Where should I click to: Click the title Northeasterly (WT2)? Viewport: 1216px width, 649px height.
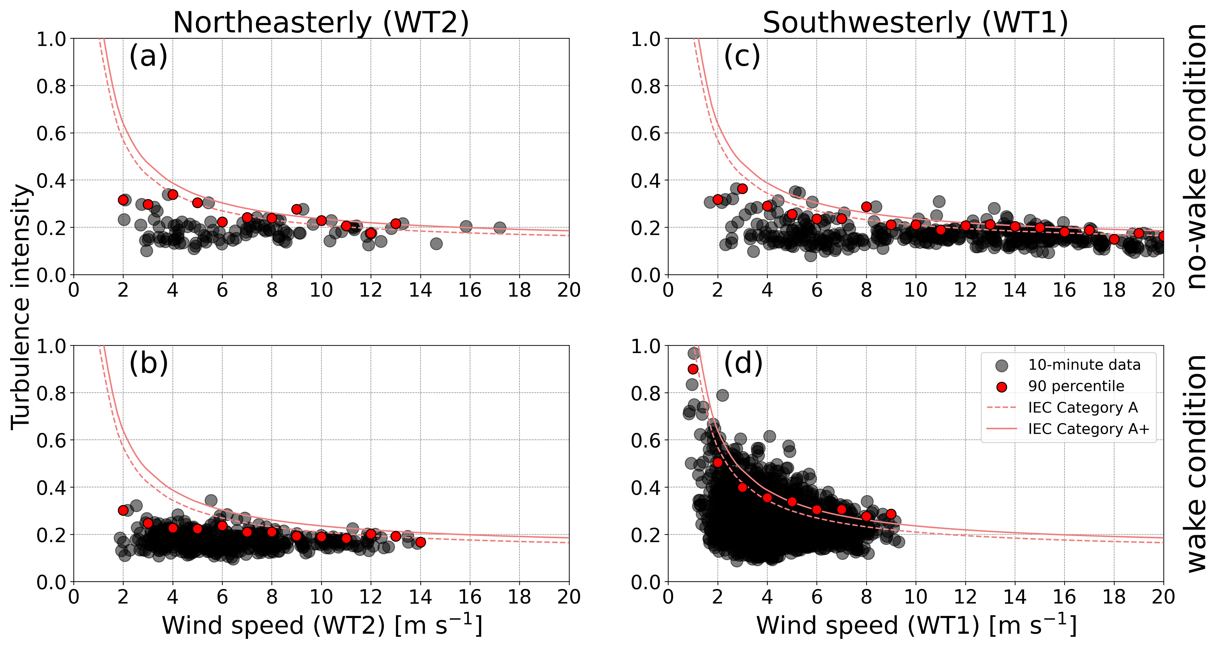(x=321, y=23)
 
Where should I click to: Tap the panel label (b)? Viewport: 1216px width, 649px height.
(x=148, y=363)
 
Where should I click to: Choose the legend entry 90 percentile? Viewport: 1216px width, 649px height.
(x=1076, y=386)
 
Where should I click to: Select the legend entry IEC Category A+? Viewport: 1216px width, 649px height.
(x=1088, y=429)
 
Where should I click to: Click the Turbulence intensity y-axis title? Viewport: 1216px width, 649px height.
(x=21, y=307)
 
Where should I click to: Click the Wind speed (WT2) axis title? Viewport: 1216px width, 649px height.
(x=322, y=625)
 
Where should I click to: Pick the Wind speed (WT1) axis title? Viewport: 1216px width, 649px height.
(x=916, y=625)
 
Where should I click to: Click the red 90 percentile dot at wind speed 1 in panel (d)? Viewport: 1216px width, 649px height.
(x=693, y=369)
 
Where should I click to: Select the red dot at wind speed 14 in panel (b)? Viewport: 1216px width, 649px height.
(x=420, y=542)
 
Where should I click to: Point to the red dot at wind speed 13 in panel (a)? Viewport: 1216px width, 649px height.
(x=396, y=224)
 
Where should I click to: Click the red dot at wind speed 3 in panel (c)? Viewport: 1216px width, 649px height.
(x=742, y=189)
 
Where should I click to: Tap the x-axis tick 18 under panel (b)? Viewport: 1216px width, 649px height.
(x=519, y=597)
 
